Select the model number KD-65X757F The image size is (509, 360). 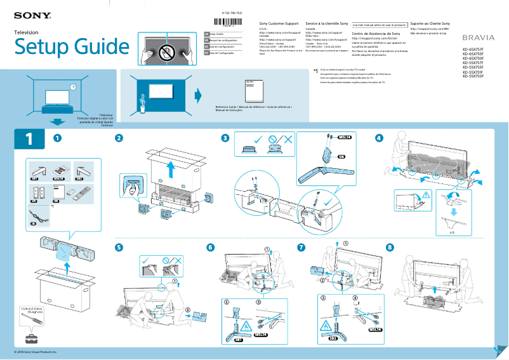pos(473,49)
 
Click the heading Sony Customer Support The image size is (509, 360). pos(280,23)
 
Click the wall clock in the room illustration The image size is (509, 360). pos(73,86)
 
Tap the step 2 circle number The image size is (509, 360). pos(119,138)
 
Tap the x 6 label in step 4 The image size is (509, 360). pos(453,234)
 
